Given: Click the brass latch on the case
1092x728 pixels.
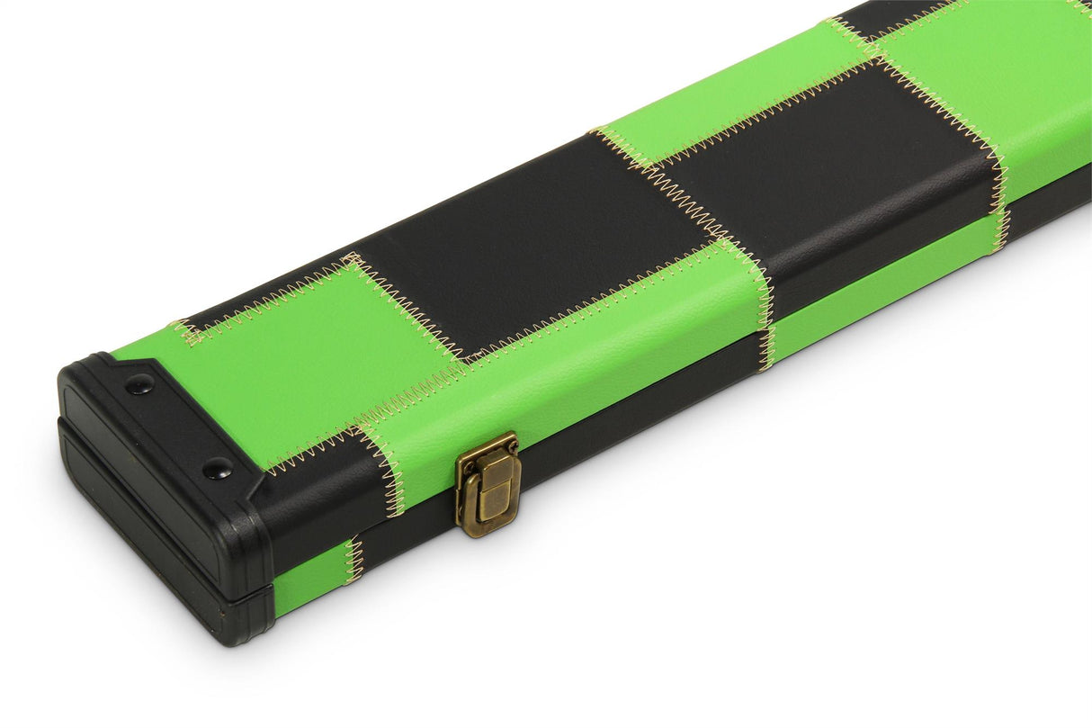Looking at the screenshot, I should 488,483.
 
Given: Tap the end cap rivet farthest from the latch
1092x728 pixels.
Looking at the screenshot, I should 139,384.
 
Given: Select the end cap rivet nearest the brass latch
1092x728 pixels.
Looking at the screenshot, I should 217,467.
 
